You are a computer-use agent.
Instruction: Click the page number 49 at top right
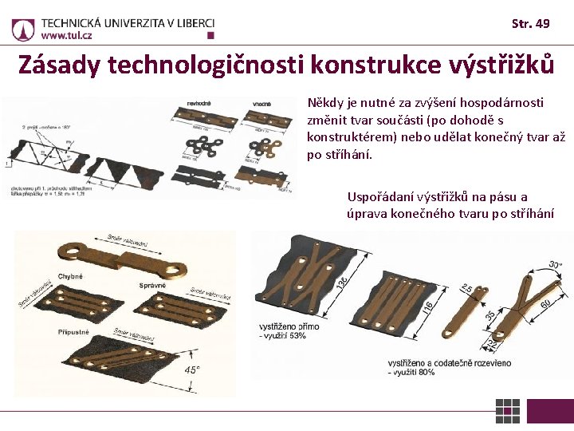[x=541, y=23]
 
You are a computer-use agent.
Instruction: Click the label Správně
[x=152, y=285]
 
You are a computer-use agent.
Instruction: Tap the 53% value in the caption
[x=297, y=335]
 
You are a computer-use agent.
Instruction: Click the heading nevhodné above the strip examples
[x=199, y=104]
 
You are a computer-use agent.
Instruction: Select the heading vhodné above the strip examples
[x=261, y=104]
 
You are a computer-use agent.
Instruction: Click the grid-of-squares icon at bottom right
[x=507, y=410]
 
